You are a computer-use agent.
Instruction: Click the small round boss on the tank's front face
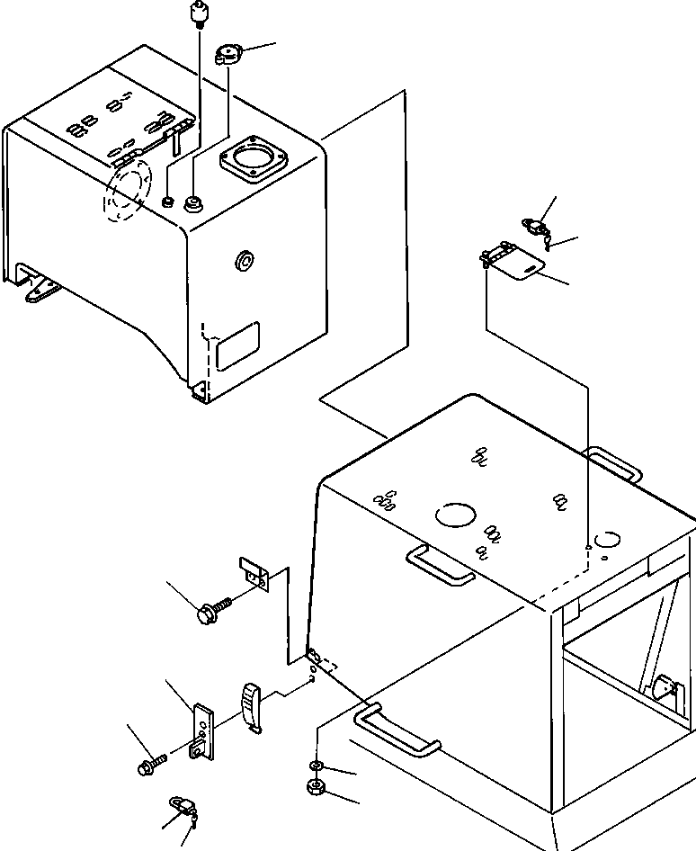pos(244,262)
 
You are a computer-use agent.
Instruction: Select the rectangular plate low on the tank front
pos(238,347)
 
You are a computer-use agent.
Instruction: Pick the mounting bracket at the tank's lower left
pos(40,290)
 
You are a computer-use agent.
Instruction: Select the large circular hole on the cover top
pos(457,515)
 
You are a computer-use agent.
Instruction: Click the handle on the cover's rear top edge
pos(613,463)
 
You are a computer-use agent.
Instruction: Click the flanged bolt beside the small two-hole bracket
pos(211,612)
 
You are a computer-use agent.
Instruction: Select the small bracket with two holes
pos(254,575)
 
